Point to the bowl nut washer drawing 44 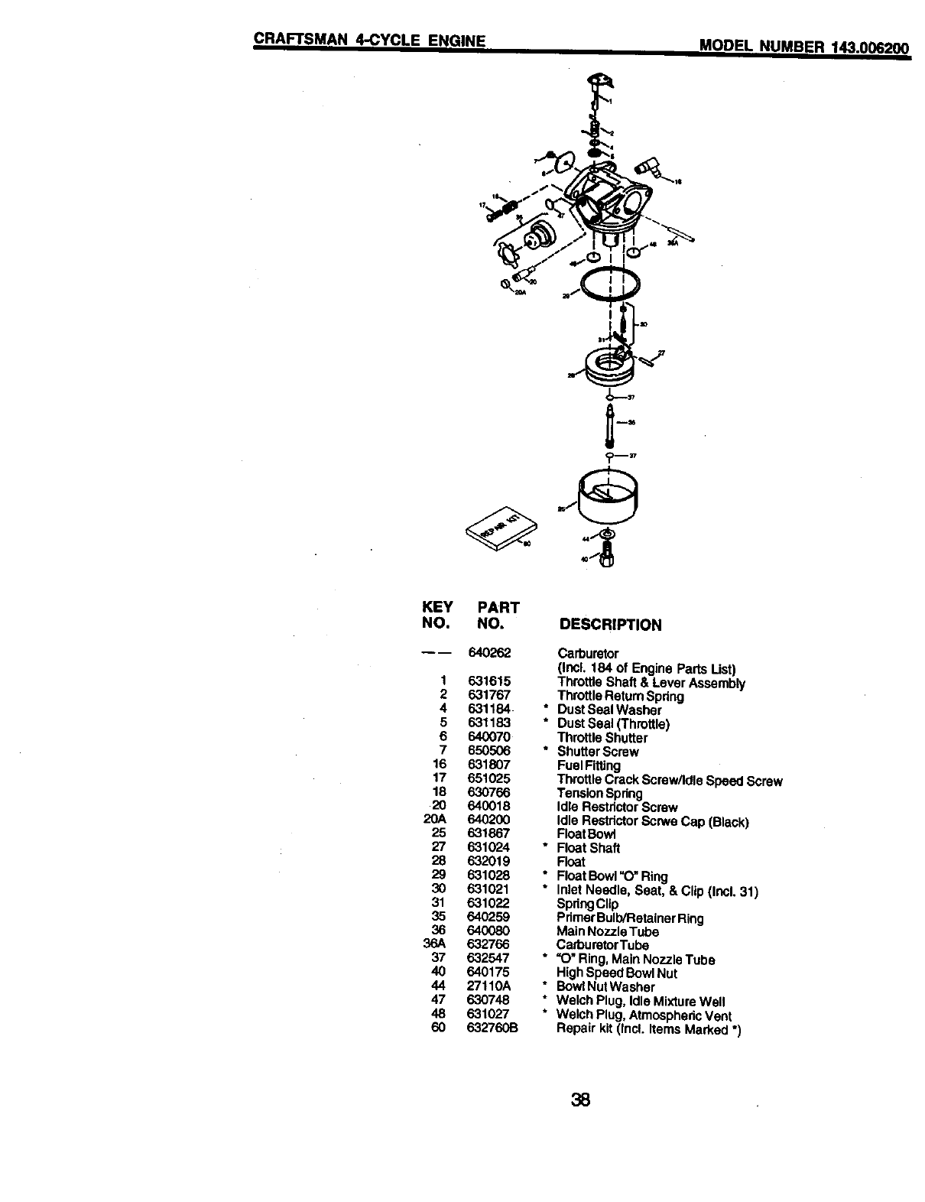(606, 533)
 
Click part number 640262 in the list (488, 653)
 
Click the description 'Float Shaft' (588, 848)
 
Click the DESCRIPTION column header (610, 625)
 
